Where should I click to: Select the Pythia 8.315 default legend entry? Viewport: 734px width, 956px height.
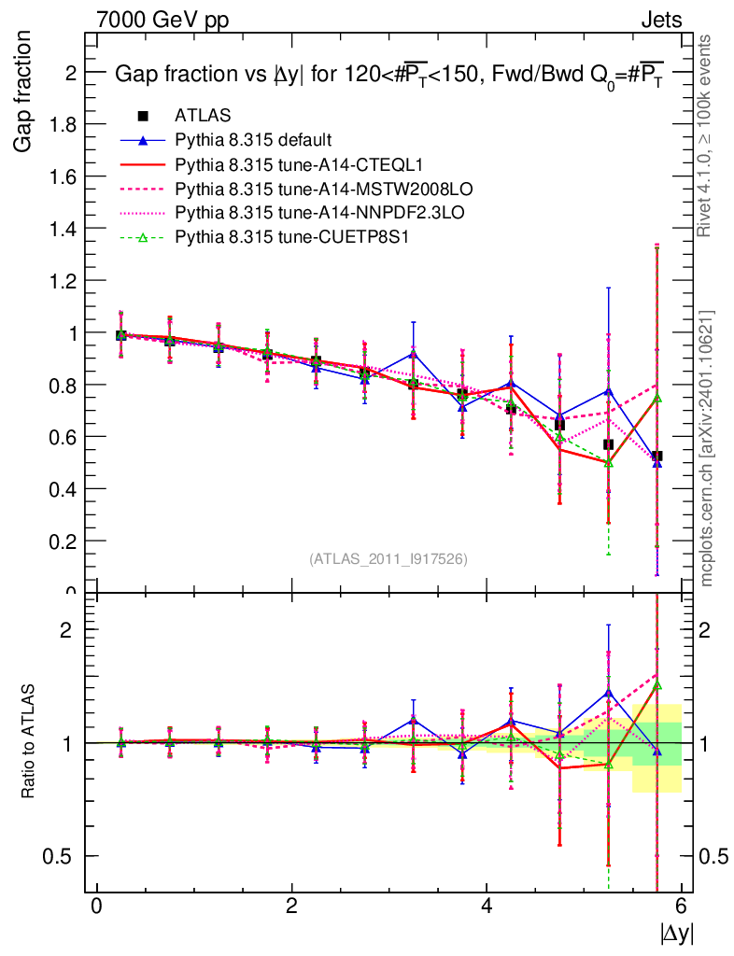coord(252,140)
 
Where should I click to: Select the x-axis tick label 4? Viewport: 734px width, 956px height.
coord(486,906)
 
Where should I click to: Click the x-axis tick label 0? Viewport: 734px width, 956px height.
coord(96,906)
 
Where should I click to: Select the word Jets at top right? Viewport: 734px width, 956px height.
coord(660,20)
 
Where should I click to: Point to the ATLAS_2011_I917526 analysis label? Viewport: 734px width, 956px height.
coord(388,558)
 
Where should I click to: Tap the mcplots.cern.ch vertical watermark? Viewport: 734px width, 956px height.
coord(707,448)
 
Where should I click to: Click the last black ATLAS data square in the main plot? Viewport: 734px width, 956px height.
coord(657,457)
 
